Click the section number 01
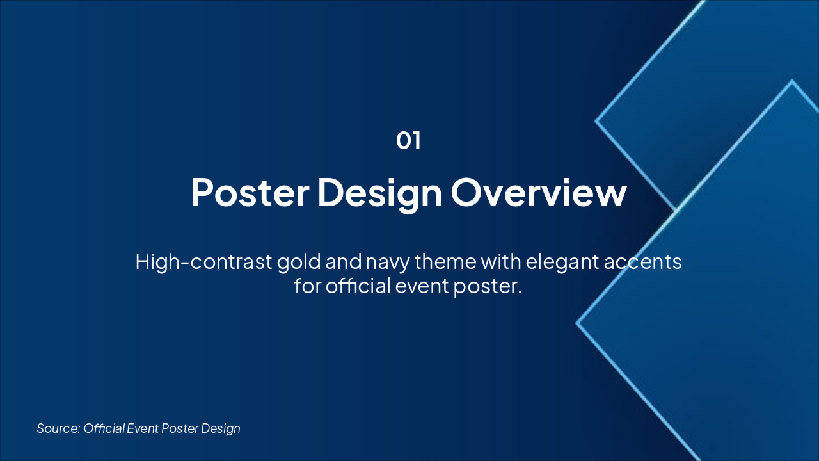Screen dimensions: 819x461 408,140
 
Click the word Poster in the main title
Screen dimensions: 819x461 250,193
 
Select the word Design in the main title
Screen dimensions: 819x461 380,194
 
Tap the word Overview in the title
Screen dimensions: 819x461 539,193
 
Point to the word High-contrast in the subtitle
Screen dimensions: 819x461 203,262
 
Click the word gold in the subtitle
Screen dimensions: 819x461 299,262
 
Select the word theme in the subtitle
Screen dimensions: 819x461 445,261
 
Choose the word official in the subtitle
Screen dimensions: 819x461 358,286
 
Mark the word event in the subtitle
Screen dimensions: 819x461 422,286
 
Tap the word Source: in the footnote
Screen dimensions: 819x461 58,428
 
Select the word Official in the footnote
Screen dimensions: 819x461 104,428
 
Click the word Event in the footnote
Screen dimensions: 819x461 143,428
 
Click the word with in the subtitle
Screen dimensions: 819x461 501,261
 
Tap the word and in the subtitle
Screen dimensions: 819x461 344,261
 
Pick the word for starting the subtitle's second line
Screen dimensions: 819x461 308,286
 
